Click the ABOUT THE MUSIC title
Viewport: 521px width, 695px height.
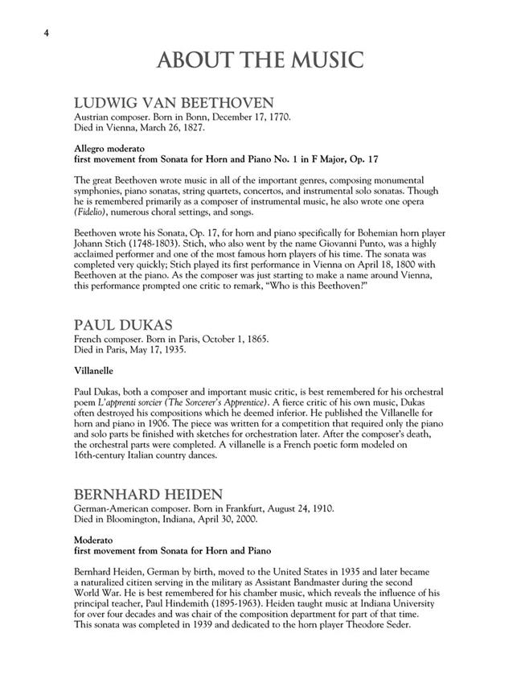tap(260, 60)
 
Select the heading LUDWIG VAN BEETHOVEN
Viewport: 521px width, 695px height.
tap(174, 103)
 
